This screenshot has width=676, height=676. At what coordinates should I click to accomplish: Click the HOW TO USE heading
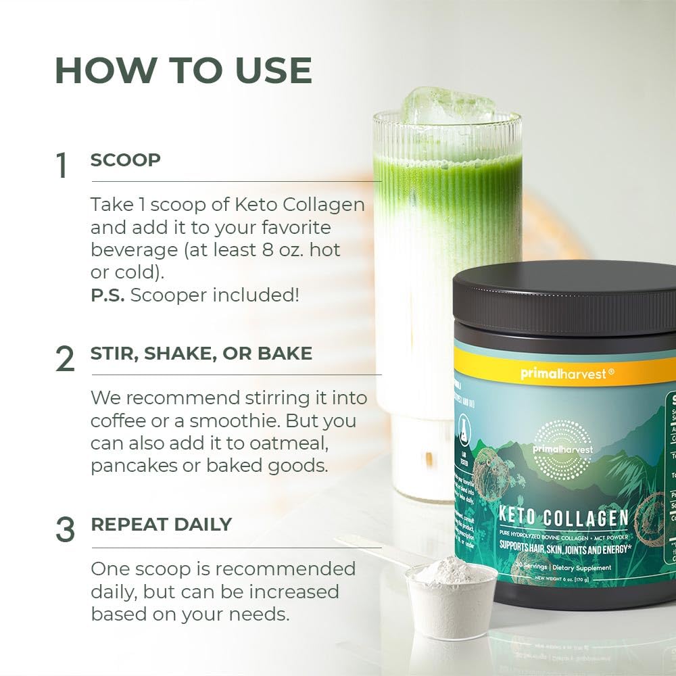point(183,70)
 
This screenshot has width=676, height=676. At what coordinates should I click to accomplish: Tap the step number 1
point(62,166)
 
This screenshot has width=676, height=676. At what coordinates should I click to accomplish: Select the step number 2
point(65,360)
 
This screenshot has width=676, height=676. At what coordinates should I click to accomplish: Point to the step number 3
point(65,530)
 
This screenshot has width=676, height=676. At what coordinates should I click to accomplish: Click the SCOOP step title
point(126,160)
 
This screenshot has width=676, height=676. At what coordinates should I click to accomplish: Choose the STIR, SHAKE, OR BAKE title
point(201,353)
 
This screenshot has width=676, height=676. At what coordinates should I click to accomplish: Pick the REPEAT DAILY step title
point(162,524)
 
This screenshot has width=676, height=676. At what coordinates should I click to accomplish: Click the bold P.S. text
point(107,296)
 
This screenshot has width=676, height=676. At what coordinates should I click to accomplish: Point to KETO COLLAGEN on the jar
point(563,518)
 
